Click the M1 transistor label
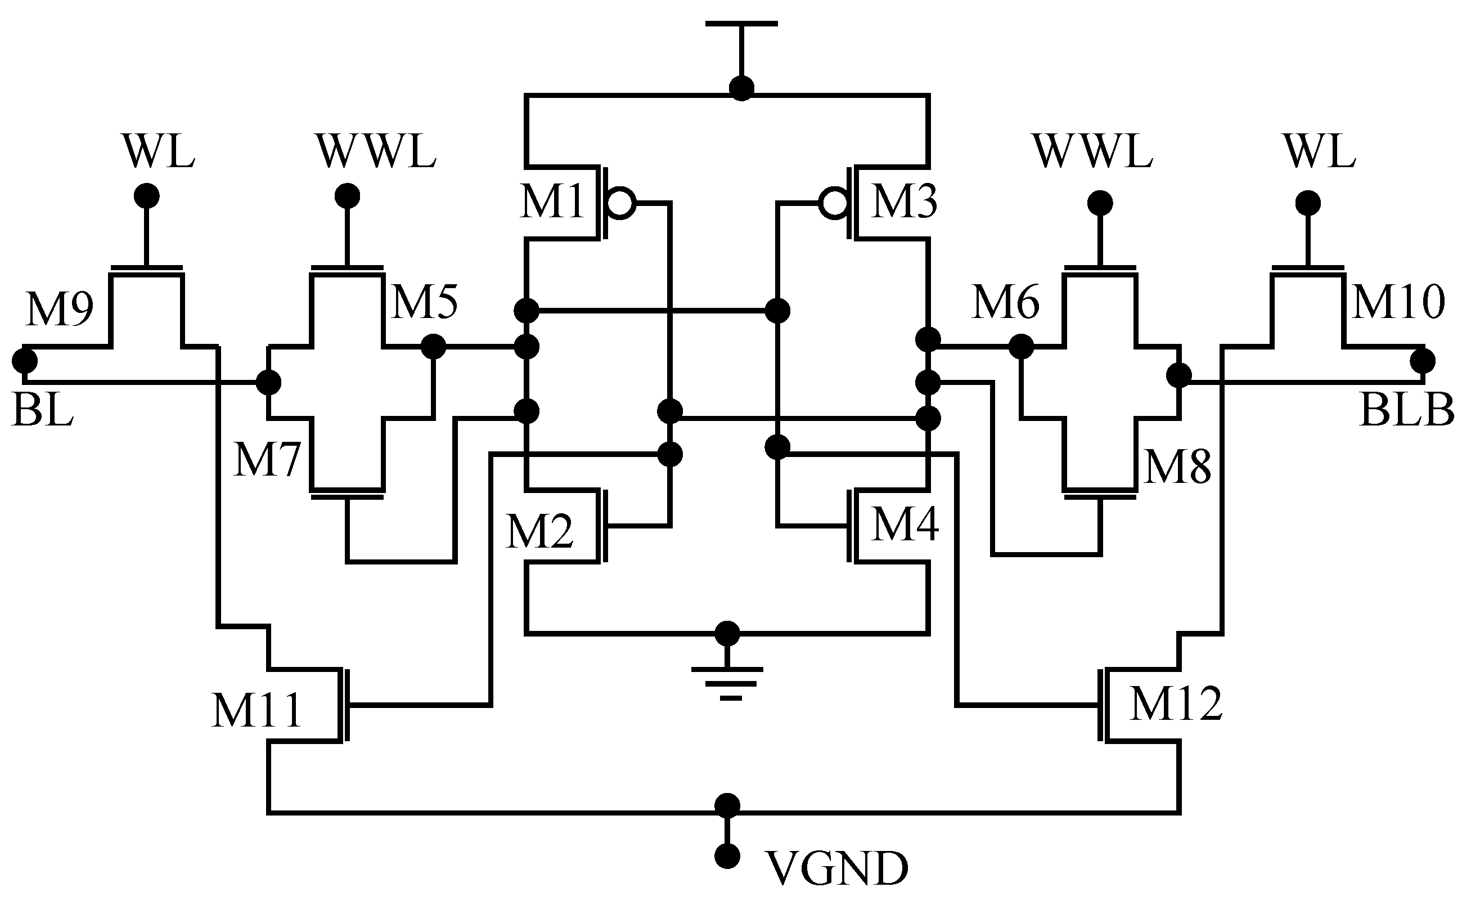[x=551, y=201]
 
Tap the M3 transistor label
[x=905, y=201]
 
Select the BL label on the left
[x=42, y=411]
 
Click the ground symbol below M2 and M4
[x=727, y=682]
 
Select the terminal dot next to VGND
[x=727, y=857]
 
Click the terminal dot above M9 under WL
[x=147, y=196]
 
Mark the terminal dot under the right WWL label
[x=1100, y=203]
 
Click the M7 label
[x=266, y=460]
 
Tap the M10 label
[x=1398, y=302]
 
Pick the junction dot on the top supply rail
[x=742, y=88]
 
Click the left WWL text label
[x=377, y=152]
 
